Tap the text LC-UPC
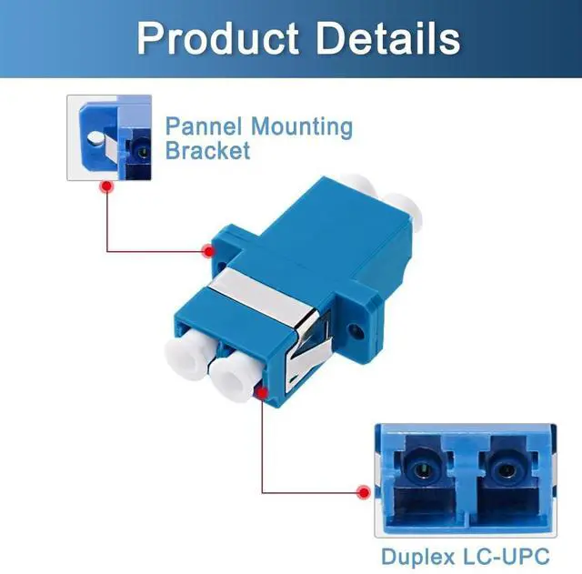tap(512, 553)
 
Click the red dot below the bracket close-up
tap(106, 186)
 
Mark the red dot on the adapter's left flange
tap(208, 248)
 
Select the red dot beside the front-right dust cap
tap(262, 392)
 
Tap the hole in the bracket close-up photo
tap(93, 140)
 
